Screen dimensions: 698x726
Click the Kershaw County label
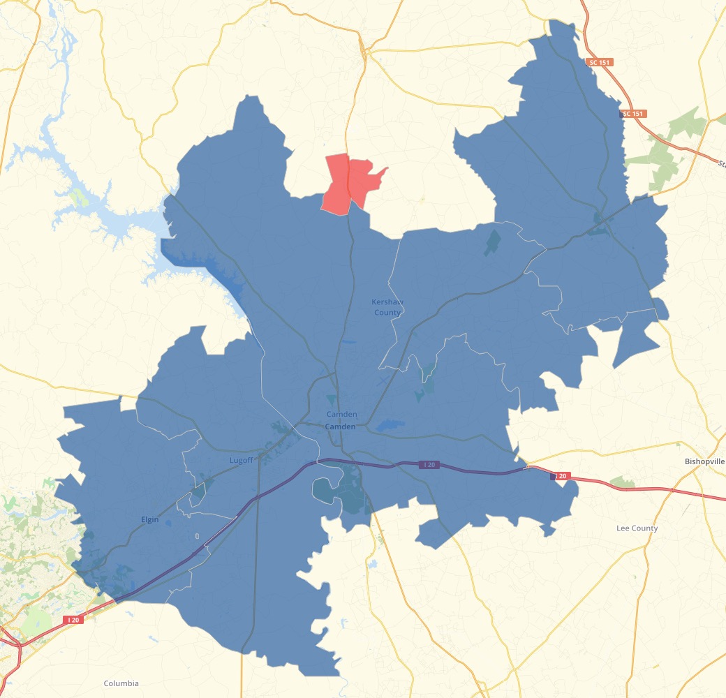tap(387, 307)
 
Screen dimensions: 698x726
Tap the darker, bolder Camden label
tap(340, 426)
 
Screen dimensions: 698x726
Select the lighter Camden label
tap(341, 415)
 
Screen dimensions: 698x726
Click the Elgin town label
tap(149, 520)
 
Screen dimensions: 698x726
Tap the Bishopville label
tap(704, 462)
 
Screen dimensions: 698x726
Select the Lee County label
tap(637, 528)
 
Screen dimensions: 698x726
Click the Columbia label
tap(121, 683)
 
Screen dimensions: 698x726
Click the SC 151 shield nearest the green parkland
tap(633, 113)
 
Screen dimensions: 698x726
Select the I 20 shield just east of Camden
tap(429, 465)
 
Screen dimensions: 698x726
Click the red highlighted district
tap(349, 183)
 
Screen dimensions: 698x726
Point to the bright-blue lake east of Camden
tap(390, 424)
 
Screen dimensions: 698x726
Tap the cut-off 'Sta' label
tap(720, 164)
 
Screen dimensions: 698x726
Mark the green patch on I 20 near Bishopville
tap(622, 482)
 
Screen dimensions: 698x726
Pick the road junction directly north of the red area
tap(364, 50)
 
